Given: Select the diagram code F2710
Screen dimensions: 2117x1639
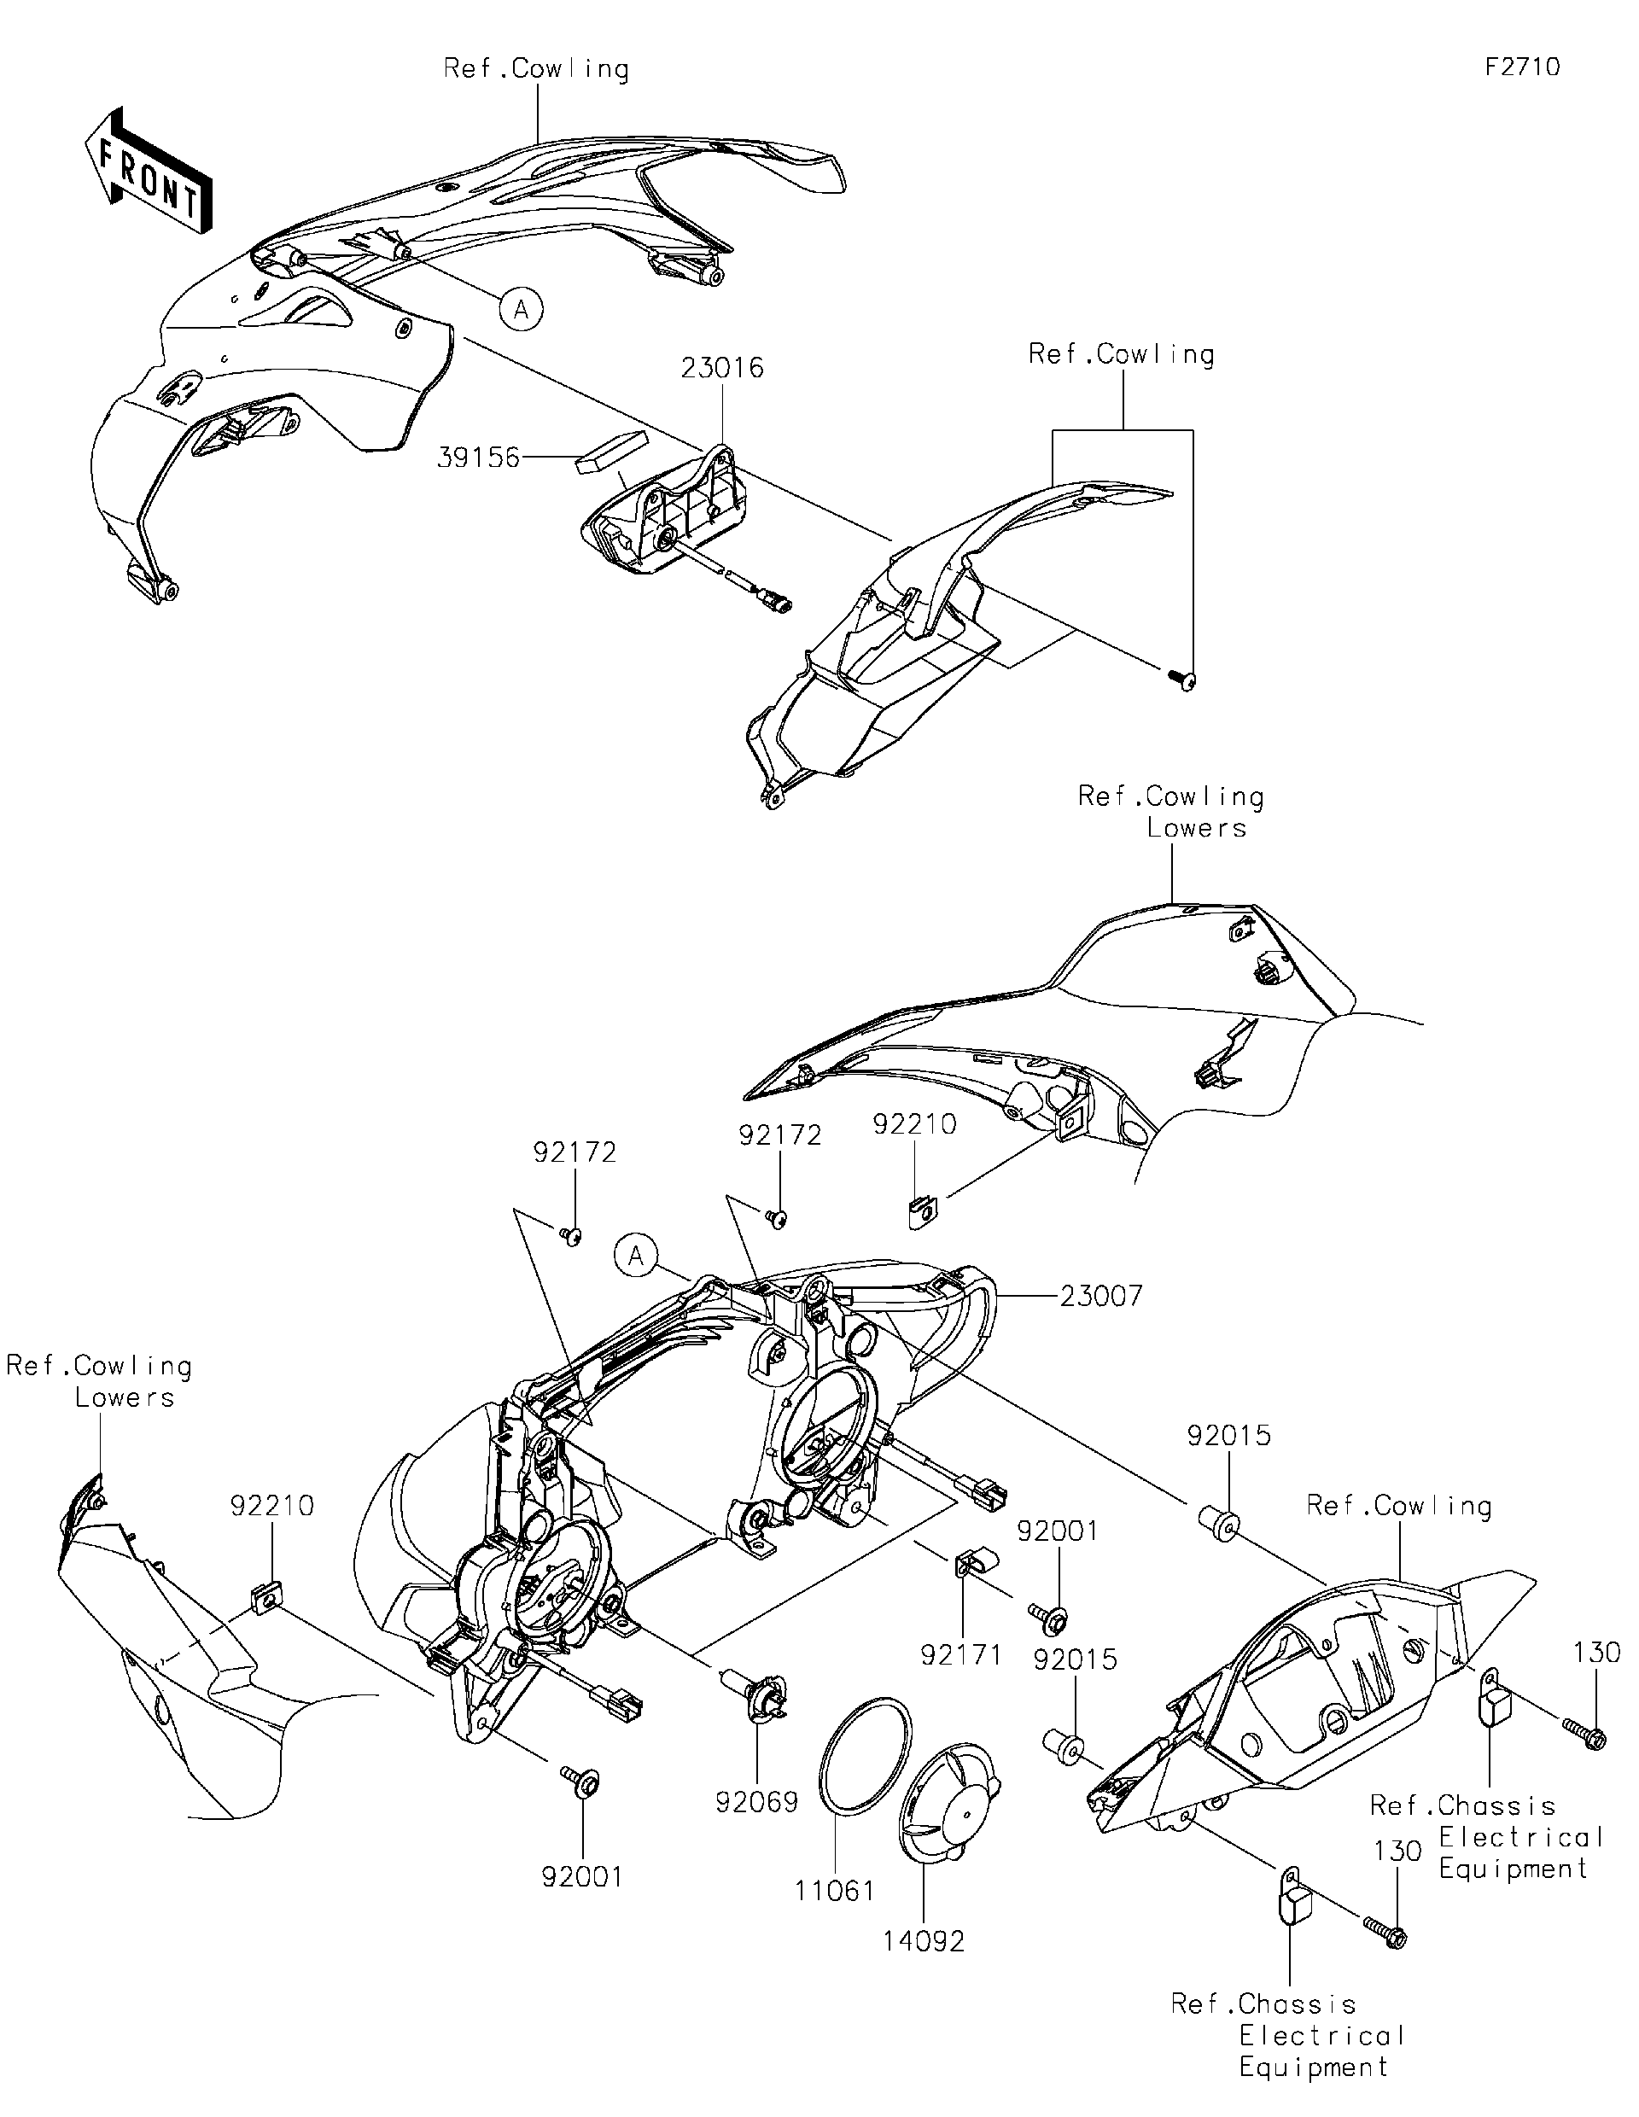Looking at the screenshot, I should (x=1522, y=67).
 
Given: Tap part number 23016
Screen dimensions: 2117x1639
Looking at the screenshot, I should (x=722, y=369).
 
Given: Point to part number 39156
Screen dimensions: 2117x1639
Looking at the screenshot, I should (x=479, y=458).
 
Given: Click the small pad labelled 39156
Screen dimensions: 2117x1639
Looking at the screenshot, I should (x=610, y=451).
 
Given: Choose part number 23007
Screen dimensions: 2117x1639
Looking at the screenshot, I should (x=1101, y=1295).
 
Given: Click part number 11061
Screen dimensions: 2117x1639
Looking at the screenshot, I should (x=835, y=1890).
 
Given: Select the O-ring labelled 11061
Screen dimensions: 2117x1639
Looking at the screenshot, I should (x=865, y=1754).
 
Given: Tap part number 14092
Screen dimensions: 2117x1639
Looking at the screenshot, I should (x=924, y=1940).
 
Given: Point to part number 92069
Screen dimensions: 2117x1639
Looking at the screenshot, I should (x=756, y=1801).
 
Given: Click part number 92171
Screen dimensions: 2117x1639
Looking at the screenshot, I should (x=961, y=1654).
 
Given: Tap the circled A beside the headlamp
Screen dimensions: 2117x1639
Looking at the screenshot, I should (x=636, y=1257).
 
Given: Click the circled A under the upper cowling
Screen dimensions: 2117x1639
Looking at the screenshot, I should (x=522, y=309).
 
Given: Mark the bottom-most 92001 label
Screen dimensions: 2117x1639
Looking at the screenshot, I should (x=582, y=1875).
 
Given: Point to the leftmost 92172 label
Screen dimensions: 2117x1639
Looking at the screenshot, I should (x=575, y=1152).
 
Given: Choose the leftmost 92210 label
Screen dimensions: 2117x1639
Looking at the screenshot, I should (x=272, y=1505).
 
